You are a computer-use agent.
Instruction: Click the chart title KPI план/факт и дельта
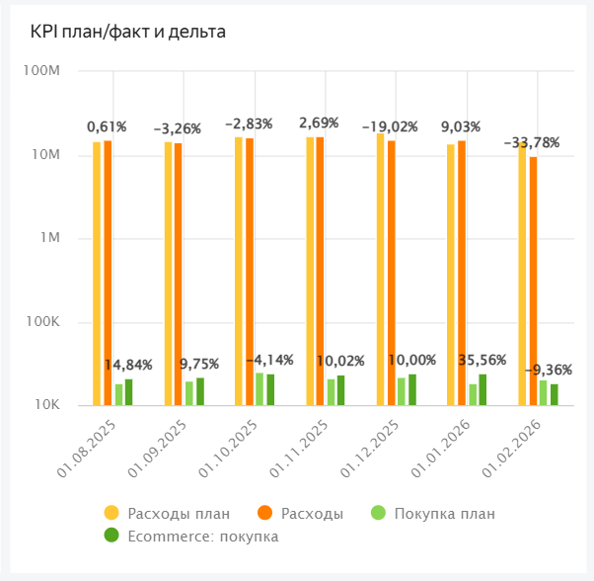point(128,32)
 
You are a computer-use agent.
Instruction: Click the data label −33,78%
point(532,142)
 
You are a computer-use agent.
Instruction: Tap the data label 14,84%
point(128,365)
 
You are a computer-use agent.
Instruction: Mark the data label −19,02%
point(390,126)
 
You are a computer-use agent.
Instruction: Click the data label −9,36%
point(549,370)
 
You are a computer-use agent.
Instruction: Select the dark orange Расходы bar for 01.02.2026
point(533,282)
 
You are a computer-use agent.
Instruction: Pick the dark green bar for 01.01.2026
point(483,389)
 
